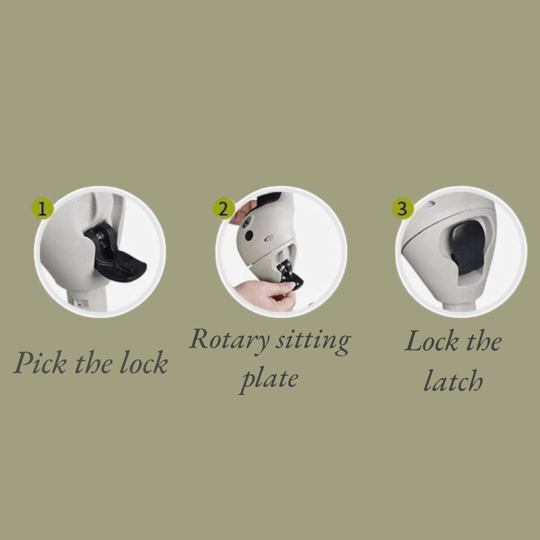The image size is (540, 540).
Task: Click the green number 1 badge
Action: [x=43, y=209]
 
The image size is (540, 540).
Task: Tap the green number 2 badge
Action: [x=223, y=209]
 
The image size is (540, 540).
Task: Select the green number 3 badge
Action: [x=402, y=209]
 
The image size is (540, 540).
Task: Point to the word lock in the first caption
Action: [x=144, y=362]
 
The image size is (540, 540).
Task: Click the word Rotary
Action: [x=229, y=341]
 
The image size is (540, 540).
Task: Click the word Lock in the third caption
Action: [x=431, y=341]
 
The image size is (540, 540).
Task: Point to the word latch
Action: [x=453, y=381]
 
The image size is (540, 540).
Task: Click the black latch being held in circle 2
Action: [x=290, y=275]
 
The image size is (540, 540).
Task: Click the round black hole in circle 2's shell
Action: [x=248, y=236]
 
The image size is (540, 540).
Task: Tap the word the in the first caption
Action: [x=93, y=362]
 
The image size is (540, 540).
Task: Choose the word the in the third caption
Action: [x=484, y=341]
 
